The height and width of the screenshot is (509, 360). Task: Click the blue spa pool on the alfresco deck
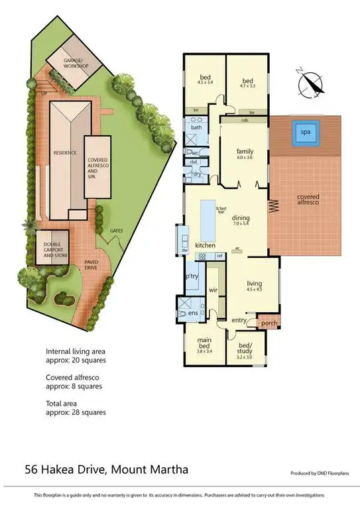pos(306,133)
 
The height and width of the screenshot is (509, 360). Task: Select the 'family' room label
pos(245,152)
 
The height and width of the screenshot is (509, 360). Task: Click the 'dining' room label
pos(240,217)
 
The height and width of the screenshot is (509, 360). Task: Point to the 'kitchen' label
pos(205,245)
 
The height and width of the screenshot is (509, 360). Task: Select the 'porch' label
pos(269,323)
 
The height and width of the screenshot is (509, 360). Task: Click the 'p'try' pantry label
pos(192,276)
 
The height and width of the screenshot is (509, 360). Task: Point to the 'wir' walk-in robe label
pos(213,290)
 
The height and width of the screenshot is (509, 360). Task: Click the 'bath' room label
pos(196,127)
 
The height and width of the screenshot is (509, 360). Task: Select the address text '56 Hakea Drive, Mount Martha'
pos(106,470)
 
